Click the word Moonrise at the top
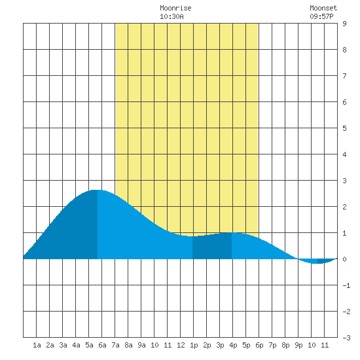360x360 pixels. (175, 8)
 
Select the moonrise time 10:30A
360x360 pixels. (171, 16)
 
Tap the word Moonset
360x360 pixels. (323, 8)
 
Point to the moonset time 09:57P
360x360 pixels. (321, 16)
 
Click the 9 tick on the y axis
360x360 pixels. (344, 24)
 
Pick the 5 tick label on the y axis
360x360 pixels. (344, 128)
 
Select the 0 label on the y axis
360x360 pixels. (344, 259)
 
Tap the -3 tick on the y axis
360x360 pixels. (346, 338)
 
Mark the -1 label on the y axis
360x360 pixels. (346, 285)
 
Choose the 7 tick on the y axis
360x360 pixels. (344, 76)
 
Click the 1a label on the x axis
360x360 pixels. (37, 345)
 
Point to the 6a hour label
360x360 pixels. (102, 345)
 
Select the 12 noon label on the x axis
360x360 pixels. (181, 345)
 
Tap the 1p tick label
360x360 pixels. (194, 345)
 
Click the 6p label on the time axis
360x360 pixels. (259, 345)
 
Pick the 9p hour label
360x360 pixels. (298, 345)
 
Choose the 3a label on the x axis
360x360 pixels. (63, 345)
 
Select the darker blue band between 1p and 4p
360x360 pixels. (212, 247)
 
